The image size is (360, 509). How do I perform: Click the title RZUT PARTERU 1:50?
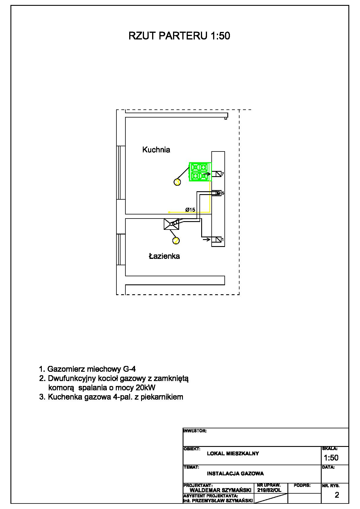[x=179, y=36]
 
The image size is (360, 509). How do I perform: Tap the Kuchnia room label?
[x=156, y=150]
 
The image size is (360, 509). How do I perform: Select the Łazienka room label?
[x=164, y=256]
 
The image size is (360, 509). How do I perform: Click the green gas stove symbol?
[x=200, y=172]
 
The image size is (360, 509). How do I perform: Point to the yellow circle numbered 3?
[x=177, y=182]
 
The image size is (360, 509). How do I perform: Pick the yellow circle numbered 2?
[x=176, y=241]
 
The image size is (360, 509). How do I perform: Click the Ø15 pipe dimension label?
[x=190, y=210]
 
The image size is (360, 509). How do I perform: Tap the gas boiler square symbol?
[x=171, y=224]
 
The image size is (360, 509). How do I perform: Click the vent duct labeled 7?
[x=217, y=174]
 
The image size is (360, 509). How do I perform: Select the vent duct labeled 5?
[x=216, y=193]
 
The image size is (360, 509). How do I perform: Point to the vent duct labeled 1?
[x=217, y=240]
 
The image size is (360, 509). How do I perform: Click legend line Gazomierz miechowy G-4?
[x=87, y=369]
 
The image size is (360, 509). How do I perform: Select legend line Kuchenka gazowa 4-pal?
[x=111, y=397]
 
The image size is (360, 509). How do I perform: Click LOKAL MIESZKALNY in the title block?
[x=233, y=454]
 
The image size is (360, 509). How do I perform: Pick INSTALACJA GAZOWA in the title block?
[x=235, y=474]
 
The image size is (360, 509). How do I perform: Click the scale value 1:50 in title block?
[x=331, y=458]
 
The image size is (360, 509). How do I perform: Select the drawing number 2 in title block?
[x=337, y=495]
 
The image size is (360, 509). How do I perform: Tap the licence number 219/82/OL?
[x=269, y=490]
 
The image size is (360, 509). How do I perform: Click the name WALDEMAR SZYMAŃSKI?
[x=220, y=490]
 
